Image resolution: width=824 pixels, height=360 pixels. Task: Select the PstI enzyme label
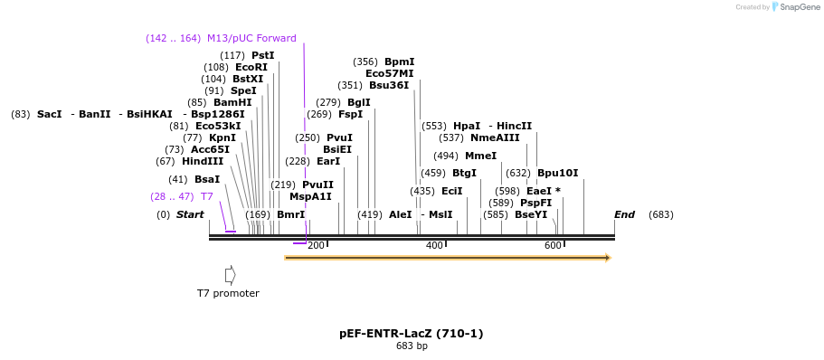click(x=262, y=55)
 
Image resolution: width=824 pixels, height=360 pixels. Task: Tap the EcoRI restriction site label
click(x=251, y=67)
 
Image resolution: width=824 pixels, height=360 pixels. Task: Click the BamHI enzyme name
click(x=232, y=102)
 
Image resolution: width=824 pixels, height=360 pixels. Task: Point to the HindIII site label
click(x=203, y=161)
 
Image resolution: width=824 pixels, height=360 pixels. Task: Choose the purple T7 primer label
click(x=207, y=196)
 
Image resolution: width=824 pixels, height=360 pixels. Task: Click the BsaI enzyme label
click(x=207, y=179)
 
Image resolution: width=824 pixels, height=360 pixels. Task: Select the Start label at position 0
click(x=190, y=214)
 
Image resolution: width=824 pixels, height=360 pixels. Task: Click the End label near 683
click(x=624, y=214)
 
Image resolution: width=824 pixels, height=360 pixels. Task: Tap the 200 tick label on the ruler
click(x=316, y=246)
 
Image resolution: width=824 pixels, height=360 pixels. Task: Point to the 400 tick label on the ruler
click(x=434, y=246)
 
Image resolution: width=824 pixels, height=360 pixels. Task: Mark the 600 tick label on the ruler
click(x=553, y=246)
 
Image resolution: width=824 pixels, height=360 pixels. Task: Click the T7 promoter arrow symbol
click(x=231, y=274)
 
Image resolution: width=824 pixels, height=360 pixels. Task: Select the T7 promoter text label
click(x=228, y=293)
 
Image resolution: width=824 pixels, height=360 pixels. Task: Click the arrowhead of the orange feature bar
click(x=608, y=258)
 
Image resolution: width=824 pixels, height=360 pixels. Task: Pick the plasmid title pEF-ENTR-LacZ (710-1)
click(x=412, y=334)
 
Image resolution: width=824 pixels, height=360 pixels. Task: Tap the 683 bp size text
click(x=412, y=346)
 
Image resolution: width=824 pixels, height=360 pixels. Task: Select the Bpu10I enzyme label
click(x=557, y=173)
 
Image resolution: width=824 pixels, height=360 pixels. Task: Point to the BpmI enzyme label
click(x=399, y=62)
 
